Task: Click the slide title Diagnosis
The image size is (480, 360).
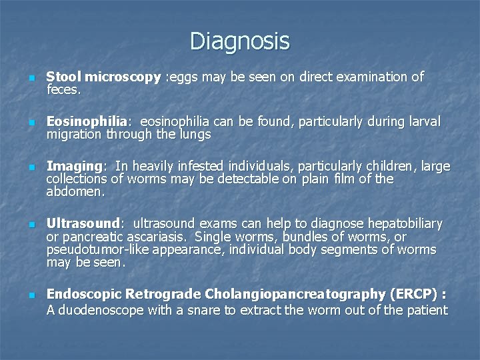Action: (239, 41)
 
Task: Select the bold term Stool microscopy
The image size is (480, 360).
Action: (104, 77)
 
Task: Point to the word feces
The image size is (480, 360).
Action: (63, 89)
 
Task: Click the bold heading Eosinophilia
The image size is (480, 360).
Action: (87, 122)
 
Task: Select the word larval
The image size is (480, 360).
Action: (422, 122)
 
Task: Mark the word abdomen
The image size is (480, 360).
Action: (75, 191)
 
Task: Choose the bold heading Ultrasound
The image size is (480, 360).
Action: (83, 223)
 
